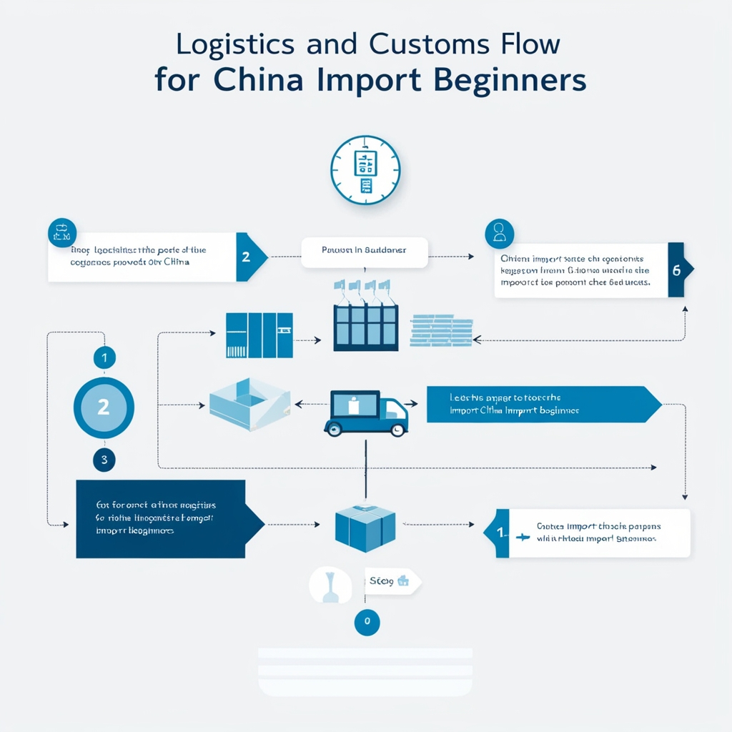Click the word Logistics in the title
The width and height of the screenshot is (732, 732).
coord(234,44)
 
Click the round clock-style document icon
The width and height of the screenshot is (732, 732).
coord(365,170)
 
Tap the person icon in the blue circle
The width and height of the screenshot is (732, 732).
coord(499,232)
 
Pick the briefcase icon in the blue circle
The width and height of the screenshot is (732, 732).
coord(61,232)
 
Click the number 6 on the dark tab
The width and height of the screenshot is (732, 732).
coord(678,270)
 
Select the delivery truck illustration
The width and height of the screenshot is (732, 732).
coord(365,412)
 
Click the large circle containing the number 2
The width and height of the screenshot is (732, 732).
coord(104,407)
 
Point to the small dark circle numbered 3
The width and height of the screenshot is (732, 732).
coord(104,460)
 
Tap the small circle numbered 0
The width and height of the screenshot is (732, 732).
coord(367,621)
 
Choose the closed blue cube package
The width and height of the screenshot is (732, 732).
coord(365,527)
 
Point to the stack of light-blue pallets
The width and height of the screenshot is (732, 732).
coord(441,330)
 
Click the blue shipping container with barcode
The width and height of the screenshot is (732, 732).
coord(259,335)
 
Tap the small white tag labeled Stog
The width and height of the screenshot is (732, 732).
coord(392,581)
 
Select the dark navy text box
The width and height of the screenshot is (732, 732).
coord(161,518)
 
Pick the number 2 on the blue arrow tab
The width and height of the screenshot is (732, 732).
coord(247,257)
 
